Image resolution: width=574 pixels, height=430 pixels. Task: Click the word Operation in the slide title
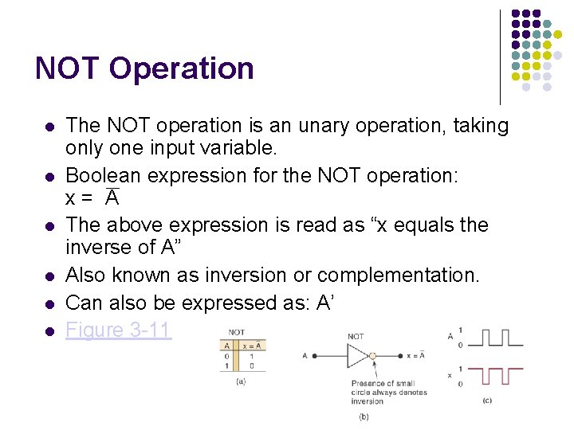181,68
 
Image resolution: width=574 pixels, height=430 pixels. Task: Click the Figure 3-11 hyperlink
118,330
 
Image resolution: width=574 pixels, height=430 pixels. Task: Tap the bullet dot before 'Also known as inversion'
49,276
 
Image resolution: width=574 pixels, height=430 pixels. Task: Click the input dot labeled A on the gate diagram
315,356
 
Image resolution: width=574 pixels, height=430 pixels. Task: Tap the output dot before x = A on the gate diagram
401,356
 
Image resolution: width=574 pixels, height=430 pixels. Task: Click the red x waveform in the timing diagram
494,373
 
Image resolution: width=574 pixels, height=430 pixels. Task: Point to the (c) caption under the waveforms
486,400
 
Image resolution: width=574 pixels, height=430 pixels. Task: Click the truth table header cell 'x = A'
252,345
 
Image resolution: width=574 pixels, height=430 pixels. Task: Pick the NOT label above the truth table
237,332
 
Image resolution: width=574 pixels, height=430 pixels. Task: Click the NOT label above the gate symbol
356,337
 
